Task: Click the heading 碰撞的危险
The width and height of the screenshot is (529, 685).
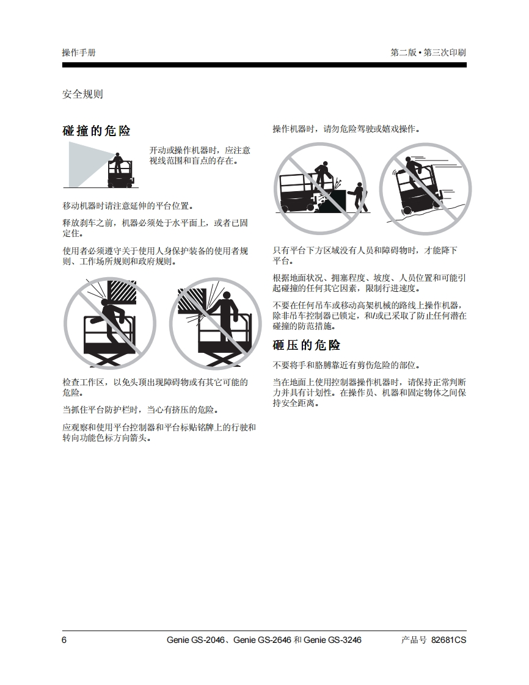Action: coord(97,131)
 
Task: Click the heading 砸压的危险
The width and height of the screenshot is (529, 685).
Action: coord(307,345)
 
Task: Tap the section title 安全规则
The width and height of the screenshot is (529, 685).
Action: coord(82,94)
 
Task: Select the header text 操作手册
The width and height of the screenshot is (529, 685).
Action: coord(79,53)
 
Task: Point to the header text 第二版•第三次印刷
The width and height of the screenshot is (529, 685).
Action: coord(428,53)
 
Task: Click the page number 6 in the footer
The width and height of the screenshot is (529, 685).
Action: coord(64,640)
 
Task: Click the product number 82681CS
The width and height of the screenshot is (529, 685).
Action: coord(448,640)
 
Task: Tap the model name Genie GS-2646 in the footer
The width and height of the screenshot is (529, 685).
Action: coord(262,640)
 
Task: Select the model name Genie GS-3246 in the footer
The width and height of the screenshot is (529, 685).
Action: coord(332,640)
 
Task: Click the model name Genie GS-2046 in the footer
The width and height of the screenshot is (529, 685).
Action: coord(195,640)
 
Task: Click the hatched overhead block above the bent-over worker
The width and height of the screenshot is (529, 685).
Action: coord(122,291)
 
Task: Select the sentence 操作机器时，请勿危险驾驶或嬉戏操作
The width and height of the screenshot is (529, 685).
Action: coord(346,129)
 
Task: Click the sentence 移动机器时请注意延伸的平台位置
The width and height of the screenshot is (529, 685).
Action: coord(128,206)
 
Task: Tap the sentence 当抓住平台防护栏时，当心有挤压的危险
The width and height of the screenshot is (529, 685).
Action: coord(140,410)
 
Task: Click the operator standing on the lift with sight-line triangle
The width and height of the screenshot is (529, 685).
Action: coord(117,162)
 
